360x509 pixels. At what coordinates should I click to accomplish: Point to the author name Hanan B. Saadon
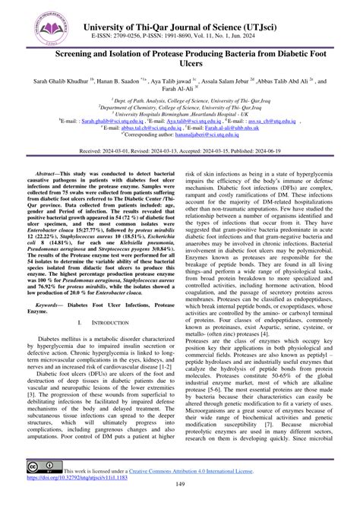click(122, 81)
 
